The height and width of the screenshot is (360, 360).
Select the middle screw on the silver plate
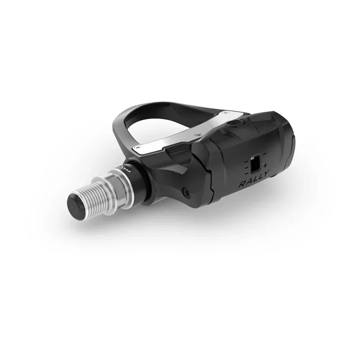tap(197, 135)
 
